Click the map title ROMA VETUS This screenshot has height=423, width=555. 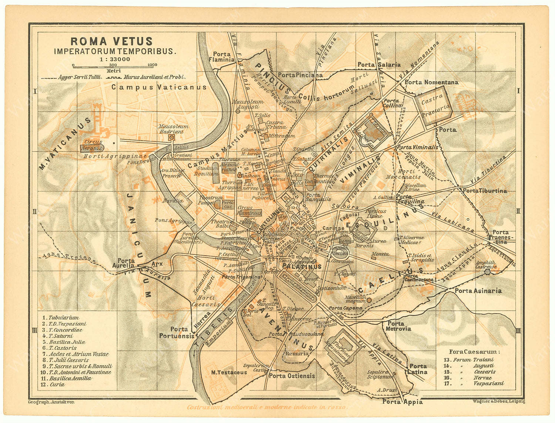111,41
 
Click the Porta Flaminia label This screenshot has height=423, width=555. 222,57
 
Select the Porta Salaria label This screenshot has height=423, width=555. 379,65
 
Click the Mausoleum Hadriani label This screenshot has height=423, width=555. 174,129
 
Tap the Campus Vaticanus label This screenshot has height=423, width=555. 159,87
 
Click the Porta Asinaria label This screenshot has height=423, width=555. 478,291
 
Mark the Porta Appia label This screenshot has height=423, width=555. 402,402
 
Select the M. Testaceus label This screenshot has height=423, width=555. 229,372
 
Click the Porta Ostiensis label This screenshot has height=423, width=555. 292,376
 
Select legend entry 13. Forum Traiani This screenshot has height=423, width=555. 468,360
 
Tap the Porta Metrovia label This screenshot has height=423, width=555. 398,326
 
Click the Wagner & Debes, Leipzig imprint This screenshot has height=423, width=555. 498,401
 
